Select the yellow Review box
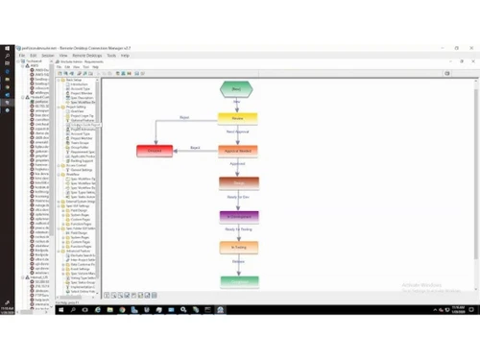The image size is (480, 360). click(x=238, y=119)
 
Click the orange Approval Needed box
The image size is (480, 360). click(x=238, y=151)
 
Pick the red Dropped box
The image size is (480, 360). click(x=156, y=151)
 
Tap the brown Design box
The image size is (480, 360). click(x=238, y=182)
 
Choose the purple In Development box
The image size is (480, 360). click(x=238, y=216)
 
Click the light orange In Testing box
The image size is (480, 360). click(x=238, y=248)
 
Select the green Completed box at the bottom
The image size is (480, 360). click(x=238, y=281)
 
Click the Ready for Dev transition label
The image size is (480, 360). click(x=238, y=199)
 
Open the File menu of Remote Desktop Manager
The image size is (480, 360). click(x=21, y=56)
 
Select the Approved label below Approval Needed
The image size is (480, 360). click(x=238, y=166)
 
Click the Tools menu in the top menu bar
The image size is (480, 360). click(x=112, y=56)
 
